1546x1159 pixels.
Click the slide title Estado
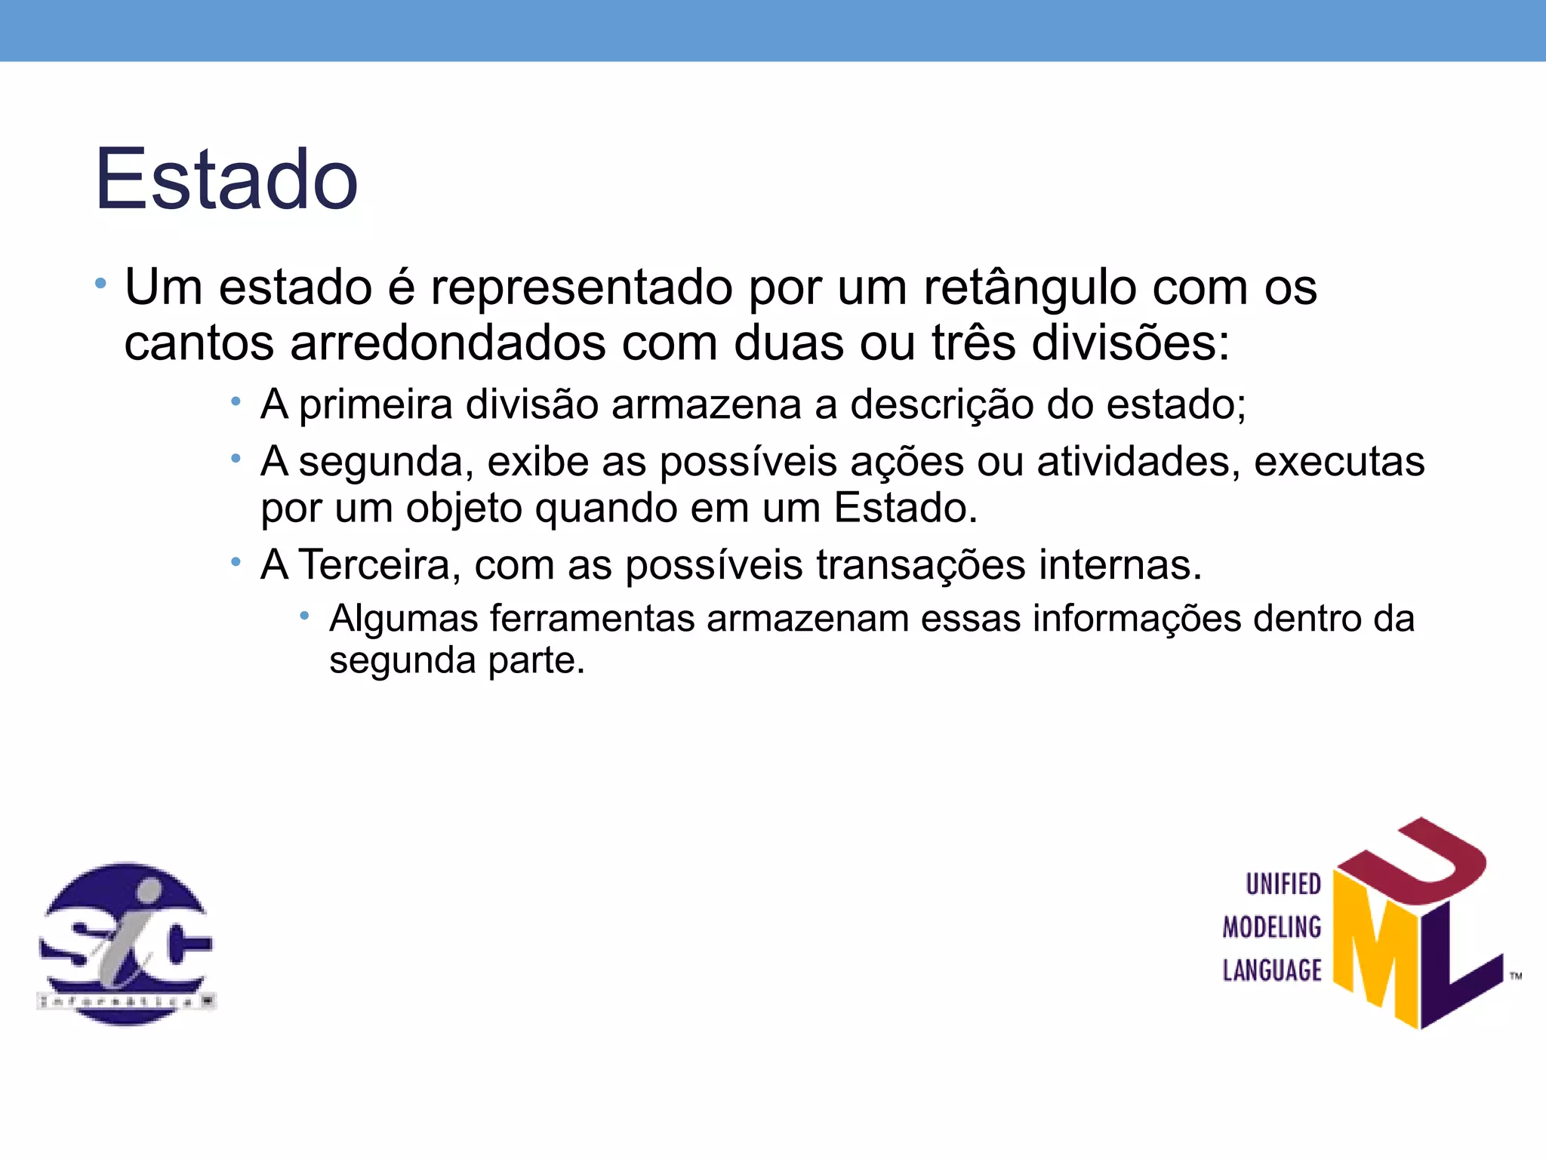226,180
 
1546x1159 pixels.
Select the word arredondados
448,343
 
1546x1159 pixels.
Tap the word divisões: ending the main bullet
1131,343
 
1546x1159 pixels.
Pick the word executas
1339,461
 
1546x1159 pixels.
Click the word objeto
464,508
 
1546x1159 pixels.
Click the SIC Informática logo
126,944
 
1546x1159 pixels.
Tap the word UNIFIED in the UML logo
1283,884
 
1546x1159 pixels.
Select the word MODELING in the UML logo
1272,927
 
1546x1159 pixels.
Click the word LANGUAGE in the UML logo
1272,970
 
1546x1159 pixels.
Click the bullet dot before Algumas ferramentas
304,616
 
